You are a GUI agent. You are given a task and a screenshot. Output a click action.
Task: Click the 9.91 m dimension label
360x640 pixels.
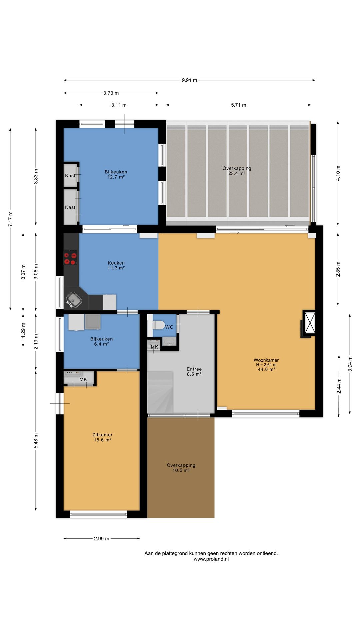point(189,80)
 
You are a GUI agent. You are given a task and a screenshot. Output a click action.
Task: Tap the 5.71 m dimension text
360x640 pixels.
point(239,105)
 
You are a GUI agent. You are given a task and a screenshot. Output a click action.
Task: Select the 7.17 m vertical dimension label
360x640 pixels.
point(10,219)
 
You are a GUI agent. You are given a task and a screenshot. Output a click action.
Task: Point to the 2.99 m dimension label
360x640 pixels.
point(102,538)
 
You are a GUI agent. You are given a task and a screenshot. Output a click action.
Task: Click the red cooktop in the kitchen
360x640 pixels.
point(70,257)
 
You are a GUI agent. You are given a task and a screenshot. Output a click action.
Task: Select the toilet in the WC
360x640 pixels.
point(158,325)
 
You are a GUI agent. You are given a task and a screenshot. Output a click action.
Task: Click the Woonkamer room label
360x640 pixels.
point(266,360)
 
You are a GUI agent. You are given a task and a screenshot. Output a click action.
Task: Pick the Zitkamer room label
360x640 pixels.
point(102,435)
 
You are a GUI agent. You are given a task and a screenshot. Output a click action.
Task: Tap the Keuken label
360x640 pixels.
point(116,263)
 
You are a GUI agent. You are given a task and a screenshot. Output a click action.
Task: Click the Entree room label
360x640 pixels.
point(194,369)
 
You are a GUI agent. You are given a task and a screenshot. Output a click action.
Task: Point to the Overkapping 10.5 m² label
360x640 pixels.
point(181,468)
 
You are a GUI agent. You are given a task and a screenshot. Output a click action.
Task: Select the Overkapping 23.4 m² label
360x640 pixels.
point(237,171)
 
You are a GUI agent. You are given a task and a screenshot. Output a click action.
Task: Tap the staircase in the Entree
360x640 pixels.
point(160,393)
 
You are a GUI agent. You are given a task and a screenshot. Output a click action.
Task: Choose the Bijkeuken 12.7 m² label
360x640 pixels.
point(116,174)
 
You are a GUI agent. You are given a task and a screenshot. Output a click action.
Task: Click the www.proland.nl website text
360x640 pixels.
point(211,559)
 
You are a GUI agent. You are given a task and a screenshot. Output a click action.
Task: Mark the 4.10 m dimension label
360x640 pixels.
point(338,173)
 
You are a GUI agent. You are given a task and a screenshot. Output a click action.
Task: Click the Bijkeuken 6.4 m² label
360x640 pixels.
point(101,341)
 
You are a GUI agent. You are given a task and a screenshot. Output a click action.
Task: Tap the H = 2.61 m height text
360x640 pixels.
point(266,365)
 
